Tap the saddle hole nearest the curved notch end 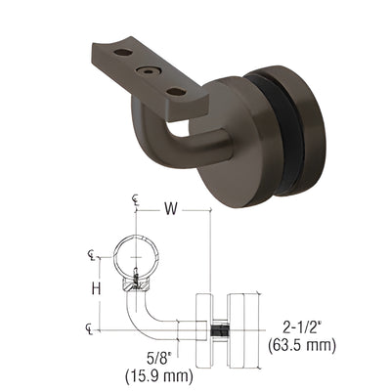(121, 56)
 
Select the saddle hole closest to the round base (176, 92)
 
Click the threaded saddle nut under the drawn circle (136, 282)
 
